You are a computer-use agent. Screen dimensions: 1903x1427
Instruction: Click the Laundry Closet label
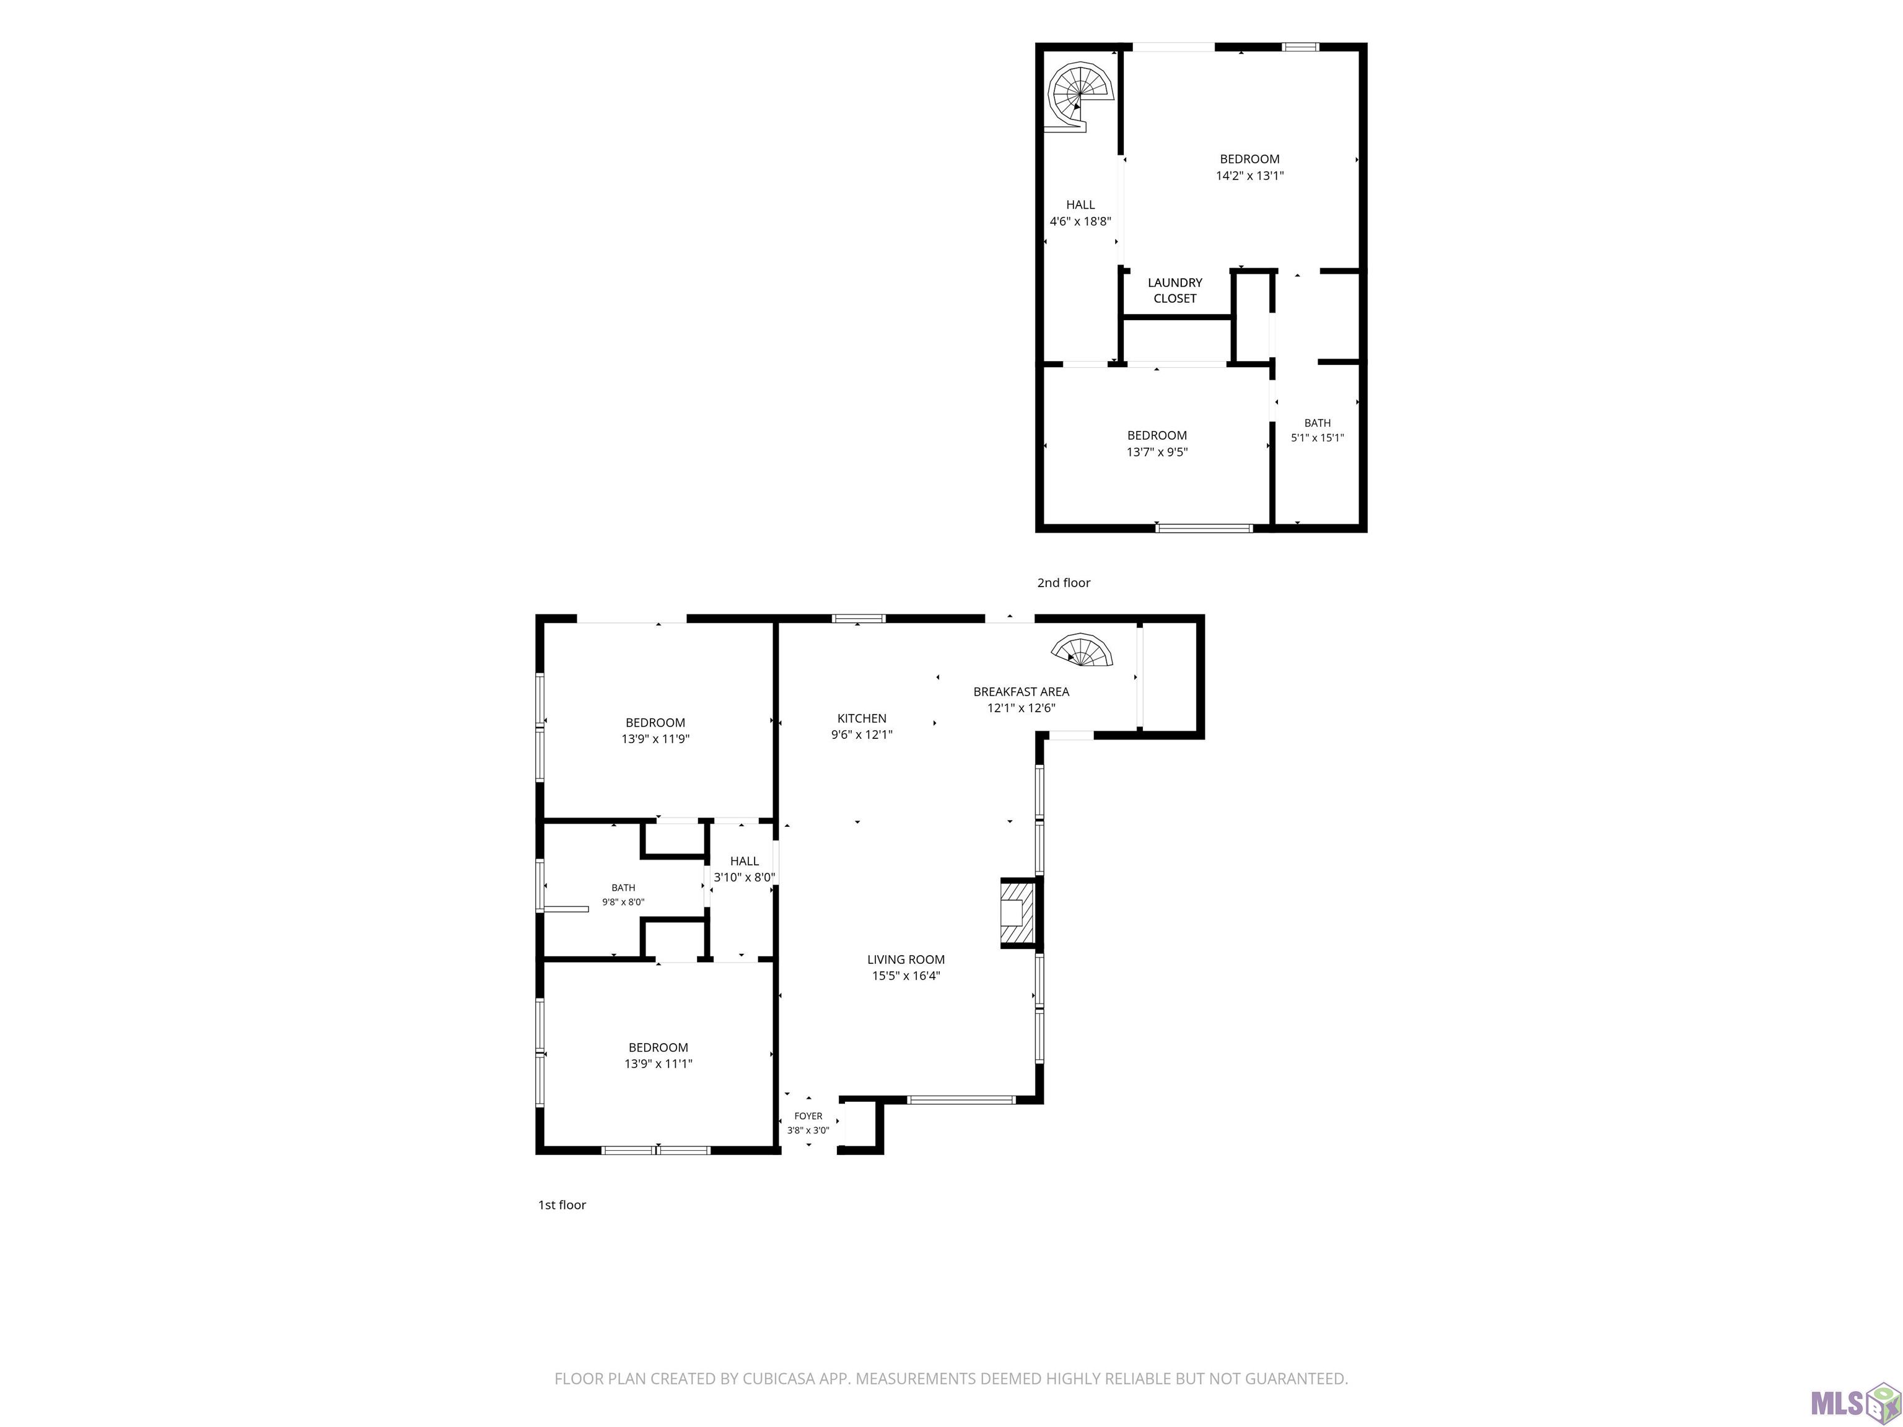1175,290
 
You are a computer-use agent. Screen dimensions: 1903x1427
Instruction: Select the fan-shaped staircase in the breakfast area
1082,650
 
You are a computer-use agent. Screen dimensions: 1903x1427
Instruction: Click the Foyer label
808,1115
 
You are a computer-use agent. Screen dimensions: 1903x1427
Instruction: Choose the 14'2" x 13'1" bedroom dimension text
1249,175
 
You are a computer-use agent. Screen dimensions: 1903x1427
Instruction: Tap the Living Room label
906,959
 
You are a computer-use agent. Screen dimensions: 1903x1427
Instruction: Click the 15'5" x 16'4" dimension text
906,975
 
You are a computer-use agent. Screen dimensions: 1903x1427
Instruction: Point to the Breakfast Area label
1021,692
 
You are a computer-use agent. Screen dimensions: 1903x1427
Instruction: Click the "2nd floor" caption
1064,582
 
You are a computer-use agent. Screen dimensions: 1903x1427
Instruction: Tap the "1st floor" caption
562,1204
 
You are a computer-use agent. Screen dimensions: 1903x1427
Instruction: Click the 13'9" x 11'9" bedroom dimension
655,739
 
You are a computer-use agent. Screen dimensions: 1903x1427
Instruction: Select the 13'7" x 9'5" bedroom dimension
1157,452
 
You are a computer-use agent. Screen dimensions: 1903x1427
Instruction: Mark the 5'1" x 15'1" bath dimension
1317,438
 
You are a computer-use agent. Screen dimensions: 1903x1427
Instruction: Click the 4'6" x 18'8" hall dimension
1080,221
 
